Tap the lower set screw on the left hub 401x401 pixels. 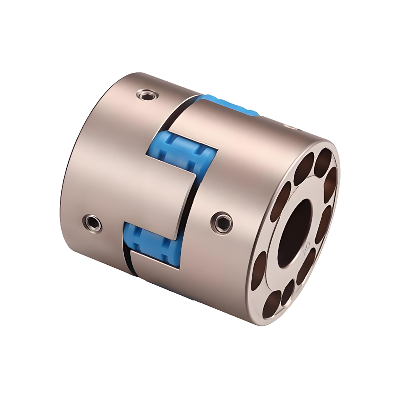point(92,221)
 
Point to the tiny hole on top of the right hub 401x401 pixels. point(287,126)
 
